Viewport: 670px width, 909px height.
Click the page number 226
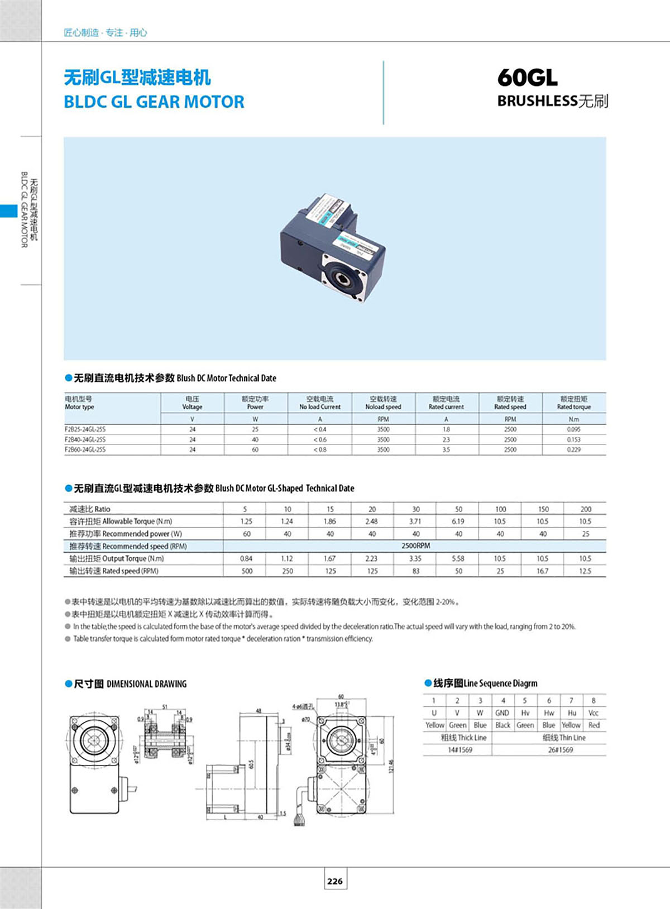335,881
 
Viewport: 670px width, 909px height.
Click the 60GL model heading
527,78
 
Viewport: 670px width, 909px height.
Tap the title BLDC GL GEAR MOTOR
154,102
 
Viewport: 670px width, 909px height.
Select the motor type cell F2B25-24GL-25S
85,429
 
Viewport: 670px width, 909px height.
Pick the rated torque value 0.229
573,449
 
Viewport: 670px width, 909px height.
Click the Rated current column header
446,403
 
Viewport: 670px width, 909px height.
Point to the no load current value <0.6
320,439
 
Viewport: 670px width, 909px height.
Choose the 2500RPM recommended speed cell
415,546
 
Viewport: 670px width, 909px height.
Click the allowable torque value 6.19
458,522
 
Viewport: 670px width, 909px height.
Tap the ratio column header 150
543,509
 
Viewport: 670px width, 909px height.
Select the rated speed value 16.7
542,571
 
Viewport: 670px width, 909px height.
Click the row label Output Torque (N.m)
117,558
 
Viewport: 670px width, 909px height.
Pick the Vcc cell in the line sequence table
593,713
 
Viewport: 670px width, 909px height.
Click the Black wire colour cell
502,725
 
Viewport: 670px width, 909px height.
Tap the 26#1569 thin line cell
561,750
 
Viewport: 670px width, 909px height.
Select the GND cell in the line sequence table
502,713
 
